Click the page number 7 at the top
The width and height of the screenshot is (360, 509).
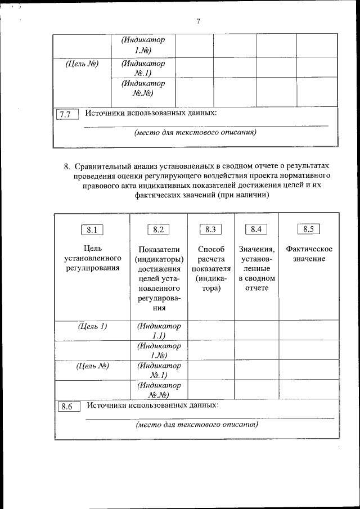(198, 21)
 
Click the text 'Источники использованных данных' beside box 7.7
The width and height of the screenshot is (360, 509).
(151, 113)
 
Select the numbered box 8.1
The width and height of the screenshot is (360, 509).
(92, 229)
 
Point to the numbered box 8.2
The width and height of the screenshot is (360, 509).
(158, 229)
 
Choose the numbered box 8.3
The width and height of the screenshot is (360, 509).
(210, 229)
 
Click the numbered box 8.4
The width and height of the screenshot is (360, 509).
(256, 229)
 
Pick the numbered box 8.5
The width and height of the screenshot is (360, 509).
(308, 229)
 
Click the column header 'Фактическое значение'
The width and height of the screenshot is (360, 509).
(309, 254)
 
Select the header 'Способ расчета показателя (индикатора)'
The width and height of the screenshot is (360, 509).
(211, 268)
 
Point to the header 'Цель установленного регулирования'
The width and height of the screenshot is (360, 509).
(92, 258)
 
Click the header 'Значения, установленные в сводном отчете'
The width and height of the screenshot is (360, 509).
(256, 268)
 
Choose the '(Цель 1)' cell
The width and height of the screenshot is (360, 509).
(92, 326)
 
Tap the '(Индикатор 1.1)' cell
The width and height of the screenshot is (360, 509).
(159, 331)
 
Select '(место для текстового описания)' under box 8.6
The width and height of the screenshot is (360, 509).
(197, 425)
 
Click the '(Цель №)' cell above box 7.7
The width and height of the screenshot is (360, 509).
(82, 64)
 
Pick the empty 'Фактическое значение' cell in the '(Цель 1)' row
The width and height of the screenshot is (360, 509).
(309, 330)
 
